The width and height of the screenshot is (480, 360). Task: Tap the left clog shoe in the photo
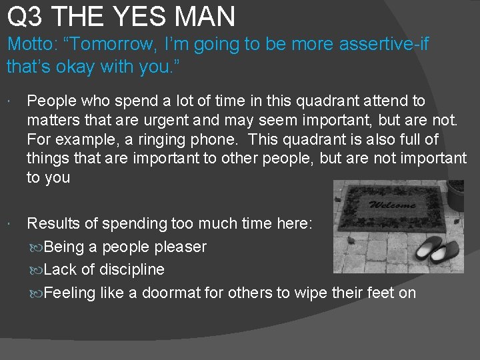(x=428, y=252)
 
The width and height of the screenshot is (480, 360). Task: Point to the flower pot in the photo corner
(x=455, y=195)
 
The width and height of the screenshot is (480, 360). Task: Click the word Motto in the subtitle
(x=30, y=45)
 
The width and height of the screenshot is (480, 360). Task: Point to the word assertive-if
(x=383, y=45)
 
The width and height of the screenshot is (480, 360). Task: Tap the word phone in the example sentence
(x=243, y=139)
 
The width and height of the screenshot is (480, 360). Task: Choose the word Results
(x=53, y=223)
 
